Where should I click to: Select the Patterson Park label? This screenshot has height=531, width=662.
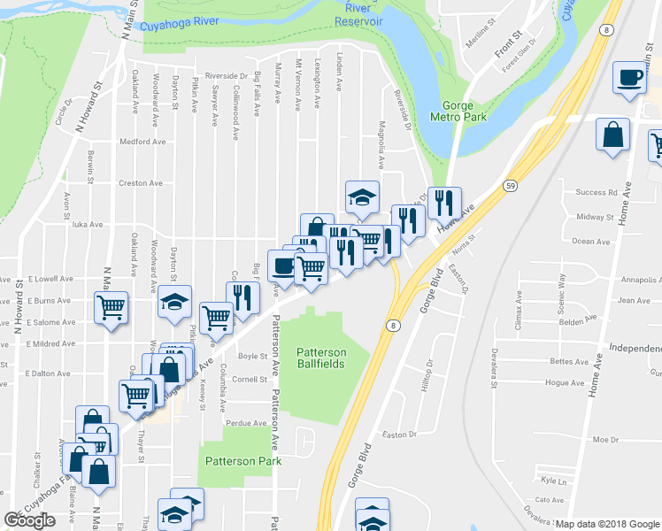click(242, 460)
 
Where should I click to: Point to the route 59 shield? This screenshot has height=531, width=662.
click(511, 186)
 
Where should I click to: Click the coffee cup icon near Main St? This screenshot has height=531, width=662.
click(629, 78)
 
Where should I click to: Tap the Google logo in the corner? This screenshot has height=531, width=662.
click(29, 520)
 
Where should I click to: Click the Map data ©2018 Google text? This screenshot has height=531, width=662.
click(606, 524)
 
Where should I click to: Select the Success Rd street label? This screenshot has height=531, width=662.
click(596, 192)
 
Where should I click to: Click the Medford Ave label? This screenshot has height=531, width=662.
click(142, 141)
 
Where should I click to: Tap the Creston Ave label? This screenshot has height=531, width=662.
click(141, 183)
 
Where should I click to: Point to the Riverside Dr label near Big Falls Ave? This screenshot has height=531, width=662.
click(227, 76)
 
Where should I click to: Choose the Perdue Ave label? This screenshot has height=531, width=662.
click(247, 423)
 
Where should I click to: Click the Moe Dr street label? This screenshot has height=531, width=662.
click(605, 440)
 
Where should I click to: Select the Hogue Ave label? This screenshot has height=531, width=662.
click(566, 383)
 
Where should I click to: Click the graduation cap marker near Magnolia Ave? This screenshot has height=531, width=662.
click(362, 197)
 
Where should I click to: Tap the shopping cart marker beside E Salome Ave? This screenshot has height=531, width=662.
click(111, 308)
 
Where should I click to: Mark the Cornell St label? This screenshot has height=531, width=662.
click(250, 380)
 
